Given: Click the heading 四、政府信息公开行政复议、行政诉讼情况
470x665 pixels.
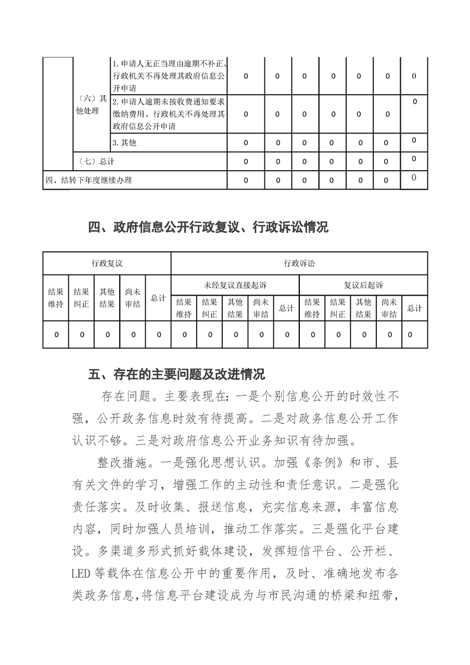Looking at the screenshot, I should point(208,227).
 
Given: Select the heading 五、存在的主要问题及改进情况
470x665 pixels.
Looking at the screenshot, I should point(176,375).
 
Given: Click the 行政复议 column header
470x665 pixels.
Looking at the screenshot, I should point(107,263).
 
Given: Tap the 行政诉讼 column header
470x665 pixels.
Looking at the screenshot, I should point(299,263).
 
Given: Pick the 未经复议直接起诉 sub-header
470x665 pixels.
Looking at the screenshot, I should point(235,285).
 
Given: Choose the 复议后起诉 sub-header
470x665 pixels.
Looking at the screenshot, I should point(363,285).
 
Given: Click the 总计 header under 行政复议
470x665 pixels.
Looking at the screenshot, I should point(158,298).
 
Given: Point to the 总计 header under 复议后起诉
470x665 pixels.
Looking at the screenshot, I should point(414,308).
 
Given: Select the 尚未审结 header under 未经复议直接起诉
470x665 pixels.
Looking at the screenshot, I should point(261,308).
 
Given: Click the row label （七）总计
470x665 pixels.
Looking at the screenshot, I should point(94,161).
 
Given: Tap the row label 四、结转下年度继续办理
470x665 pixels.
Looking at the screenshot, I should point(89,180).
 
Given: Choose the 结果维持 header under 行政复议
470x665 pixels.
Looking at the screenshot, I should point(56,298).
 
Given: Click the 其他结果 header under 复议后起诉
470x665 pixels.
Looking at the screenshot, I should point(363,308).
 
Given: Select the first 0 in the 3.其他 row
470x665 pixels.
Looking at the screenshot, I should point(245,142).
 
